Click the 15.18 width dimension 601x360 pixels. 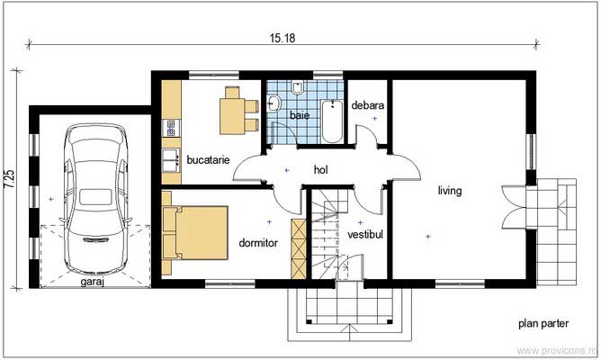pyautogui.click(x=283, y=38)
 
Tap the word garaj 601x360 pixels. pyautogui.click(x=93, y=282)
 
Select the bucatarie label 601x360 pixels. pyautogui.click(x=208, y=159)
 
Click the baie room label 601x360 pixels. pyautogui.click(x=300, y=114)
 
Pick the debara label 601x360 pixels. pyautogui.click(x=368, y=105)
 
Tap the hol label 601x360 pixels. pyautogui.click(x=321, y=169)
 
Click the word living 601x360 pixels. pyautogui.click(x=450, y=191)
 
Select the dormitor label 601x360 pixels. pyautogui.click(x=258, y=243)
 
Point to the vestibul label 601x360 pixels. pyautogui.click(x=365, y=234)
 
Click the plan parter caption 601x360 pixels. pyautogui.click(x=543, y=324)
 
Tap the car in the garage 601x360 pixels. pyautogui.click(x=96, y=199)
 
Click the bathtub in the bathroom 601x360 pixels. pyautogui.click(x=332, y=121)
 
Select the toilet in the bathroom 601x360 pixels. pyautogui.click(x=297, y=87)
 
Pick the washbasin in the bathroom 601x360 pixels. pyautogui.click(x=274, y=103)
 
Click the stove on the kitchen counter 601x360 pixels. pyautogui.click(x=171, y=128)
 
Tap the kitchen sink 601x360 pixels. pyautogui.click(x=171, y=160)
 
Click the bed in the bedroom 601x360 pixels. pyautogui.click(x=195, y=233)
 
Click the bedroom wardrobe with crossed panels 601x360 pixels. pyautogui.click(x=299, y=248)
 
